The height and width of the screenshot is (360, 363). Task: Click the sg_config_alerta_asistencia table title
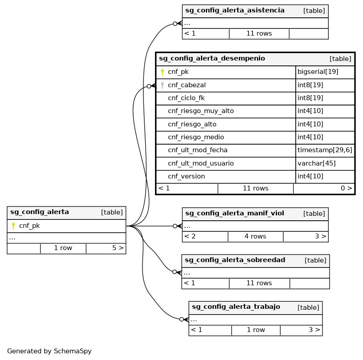[x=235, y=10]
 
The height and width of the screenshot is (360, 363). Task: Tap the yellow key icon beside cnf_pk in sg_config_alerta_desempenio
[x=163, y=72]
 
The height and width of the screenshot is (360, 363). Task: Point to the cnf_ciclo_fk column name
[x=186, y=98]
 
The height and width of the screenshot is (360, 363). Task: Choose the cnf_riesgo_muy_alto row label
[x=200, y=111]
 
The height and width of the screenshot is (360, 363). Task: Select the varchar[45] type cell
[x=316, y=163]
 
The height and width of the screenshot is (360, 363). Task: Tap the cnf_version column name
[x=186, y=176]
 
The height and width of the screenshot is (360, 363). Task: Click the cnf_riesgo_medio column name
[x=196, y=137]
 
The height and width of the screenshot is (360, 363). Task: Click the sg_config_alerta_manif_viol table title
[x=234, y=213]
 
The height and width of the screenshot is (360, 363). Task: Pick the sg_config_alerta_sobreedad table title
[x=235, y=260]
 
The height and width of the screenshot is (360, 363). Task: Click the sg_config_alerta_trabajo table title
[x=236, y=307]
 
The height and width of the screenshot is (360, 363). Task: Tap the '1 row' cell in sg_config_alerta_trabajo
[x=256, y=330]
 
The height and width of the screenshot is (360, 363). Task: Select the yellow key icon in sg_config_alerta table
[x=13, y=226]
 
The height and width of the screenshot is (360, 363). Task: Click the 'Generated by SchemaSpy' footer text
[x=49, y=351]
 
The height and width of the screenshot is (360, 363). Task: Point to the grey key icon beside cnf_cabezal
[x=163, y=85]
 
